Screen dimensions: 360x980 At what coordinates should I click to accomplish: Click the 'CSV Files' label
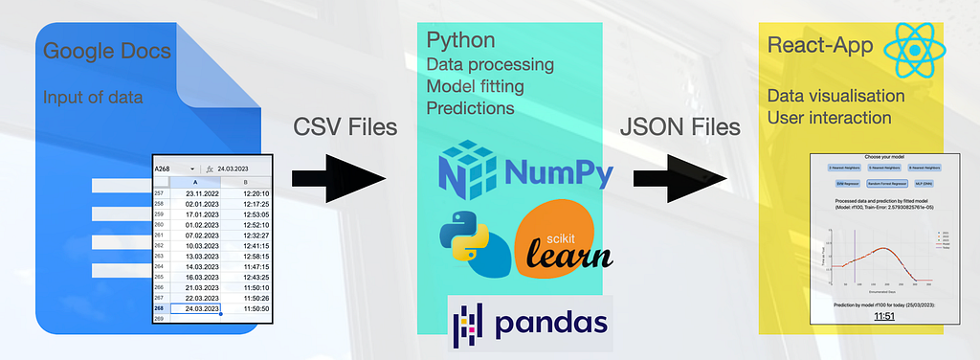345,126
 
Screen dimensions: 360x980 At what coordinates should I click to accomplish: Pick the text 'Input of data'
92,97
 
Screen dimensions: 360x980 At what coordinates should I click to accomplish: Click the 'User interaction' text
830,118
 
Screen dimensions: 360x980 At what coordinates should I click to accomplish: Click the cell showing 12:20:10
247,192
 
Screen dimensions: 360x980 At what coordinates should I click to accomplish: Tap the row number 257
160,192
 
